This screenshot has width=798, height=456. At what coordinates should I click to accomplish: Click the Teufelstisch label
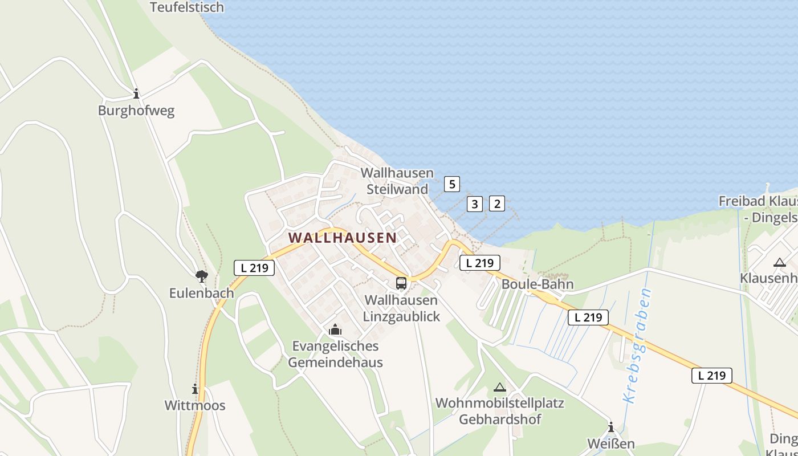187,7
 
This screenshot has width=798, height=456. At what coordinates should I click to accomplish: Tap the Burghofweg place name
136,111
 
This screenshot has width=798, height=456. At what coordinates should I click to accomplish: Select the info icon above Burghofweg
136,93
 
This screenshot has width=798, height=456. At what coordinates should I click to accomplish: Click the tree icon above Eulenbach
201,276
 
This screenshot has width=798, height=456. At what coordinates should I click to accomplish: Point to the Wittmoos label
195,406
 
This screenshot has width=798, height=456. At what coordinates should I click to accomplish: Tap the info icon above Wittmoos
195,389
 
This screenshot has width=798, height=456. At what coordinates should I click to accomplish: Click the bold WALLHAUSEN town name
342,238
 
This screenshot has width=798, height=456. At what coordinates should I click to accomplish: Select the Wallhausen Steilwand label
397,181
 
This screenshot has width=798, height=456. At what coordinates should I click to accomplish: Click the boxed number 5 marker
452,184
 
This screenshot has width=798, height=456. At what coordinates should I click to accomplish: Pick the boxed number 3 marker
475,203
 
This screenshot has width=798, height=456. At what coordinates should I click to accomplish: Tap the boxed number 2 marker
497,203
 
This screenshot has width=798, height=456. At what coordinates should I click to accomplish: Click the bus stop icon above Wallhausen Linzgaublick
401,283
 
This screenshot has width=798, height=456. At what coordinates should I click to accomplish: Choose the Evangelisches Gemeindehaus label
335,354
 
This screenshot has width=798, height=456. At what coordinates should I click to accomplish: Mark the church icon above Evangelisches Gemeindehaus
335,329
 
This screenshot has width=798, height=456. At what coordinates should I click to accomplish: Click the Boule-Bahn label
538,284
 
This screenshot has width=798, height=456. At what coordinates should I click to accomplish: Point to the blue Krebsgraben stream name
638,346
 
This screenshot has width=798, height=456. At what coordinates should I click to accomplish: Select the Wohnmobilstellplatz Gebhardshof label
500,411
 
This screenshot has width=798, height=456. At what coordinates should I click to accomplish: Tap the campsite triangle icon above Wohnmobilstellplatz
500,388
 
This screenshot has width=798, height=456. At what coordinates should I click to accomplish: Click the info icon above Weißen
611,427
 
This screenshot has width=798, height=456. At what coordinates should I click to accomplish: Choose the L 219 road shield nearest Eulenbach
254,267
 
